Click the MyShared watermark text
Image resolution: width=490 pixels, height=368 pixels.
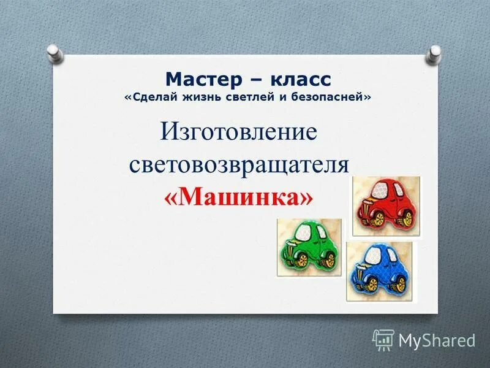tap(437, 339)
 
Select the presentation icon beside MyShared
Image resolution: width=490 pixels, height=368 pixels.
tap(383, 339)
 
